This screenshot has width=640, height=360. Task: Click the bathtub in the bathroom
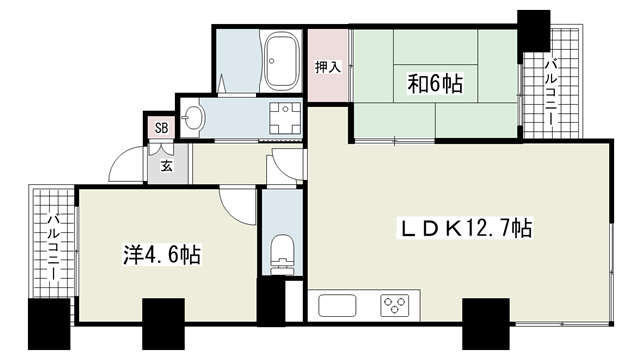point(282,61)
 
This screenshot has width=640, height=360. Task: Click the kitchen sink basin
point(337,306)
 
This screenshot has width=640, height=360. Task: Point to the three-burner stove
point(395,306)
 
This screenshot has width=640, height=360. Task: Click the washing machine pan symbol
point(285,118)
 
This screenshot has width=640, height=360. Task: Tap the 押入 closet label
point(328,67)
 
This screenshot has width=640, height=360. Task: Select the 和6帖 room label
point(435,84)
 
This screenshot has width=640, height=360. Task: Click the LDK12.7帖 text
point(465,228)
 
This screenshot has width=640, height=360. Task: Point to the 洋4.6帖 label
point(162,255)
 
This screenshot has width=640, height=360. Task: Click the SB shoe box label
point(162,128)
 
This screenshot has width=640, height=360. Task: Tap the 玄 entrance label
point(166,166)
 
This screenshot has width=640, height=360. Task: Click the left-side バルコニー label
point(53,247)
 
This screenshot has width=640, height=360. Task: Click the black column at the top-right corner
point(533,31)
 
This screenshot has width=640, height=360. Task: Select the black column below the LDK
point(486,324)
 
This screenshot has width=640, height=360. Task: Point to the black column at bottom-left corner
point(49,324)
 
